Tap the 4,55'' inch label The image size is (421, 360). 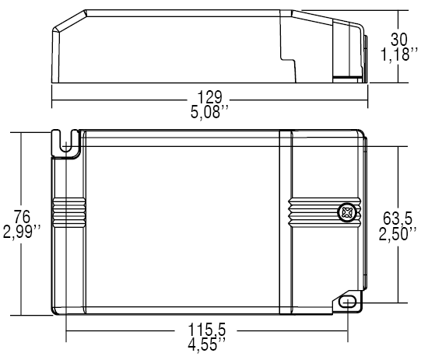209,342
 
